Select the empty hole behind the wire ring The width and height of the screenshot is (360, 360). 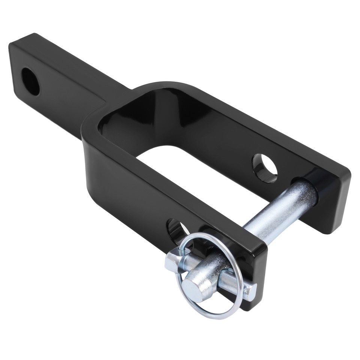coord(176,229)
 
